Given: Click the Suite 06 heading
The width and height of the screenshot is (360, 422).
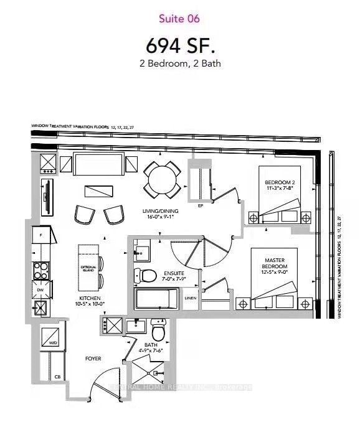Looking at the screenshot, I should pos(179,19).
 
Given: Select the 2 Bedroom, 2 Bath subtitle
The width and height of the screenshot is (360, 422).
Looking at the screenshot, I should pos(179,63).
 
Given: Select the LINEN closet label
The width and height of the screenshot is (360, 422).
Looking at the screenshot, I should pos(191,298).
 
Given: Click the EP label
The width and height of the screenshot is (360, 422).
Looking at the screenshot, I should pos(201,205).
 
